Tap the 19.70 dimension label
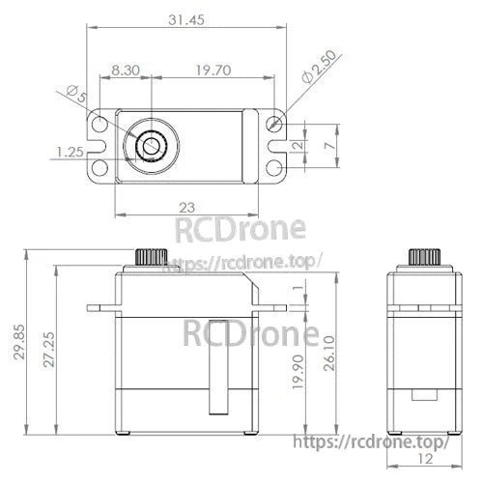[x=213, y=70]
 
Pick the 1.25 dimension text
[x=69, y=153]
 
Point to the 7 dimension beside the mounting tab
[x=330, y=144]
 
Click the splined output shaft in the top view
[x=153, y=146]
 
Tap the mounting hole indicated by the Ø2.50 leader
[x=276, y=124]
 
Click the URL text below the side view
[x=370, y=442]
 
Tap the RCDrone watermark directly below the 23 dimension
[x=239, y=230]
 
